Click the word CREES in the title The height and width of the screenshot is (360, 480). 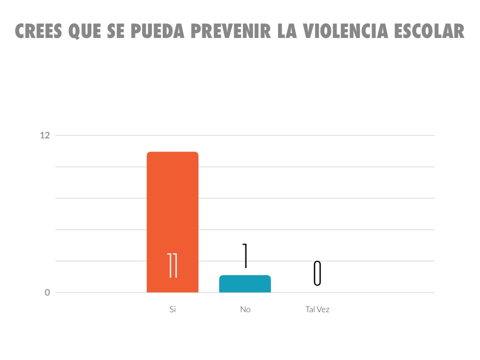(39, 31)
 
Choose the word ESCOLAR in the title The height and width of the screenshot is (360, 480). (429, 31)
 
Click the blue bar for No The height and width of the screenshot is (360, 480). (245, 284)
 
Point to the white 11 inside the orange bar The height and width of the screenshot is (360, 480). (172, 265)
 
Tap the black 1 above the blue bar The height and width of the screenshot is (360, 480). (245, 256)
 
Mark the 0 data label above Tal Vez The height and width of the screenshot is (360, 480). (317, 273)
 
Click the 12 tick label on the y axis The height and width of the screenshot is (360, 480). (45, 135)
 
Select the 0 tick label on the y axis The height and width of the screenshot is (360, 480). (47, 292)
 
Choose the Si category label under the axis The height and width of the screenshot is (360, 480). (172, 309)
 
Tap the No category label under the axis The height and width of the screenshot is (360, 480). (245, 309)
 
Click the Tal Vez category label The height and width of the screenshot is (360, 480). (317, 309)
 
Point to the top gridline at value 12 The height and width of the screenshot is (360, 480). (328, 135)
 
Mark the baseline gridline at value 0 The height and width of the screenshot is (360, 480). (375, 292)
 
